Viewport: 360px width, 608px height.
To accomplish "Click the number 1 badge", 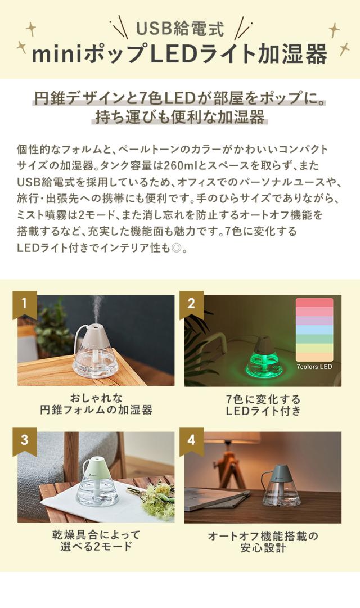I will (25, 304).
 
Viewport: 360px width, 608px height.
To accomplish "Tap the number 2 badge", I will (191, 304).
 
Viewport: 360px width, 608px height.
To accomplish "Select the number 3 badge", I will (25, 440).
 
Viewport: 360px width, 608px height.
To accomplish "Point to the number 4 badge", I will (191, 440).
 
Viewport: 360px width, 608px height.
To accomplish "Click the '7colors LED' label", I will (314, 366).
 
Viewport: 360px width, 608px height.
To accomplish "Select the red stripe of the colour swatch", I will (314, 303).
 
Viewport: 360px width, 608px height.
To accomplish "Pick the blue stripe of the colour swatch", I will (314, 330).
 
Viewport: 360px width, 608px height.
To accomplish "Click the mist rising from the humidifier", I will (96, 307).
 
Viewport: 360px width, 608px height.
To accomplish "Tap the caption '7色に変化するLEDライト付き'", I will (263, 405).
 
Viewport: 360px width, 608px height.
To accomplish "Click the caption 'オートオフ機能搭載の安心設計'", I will (263, 541).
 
